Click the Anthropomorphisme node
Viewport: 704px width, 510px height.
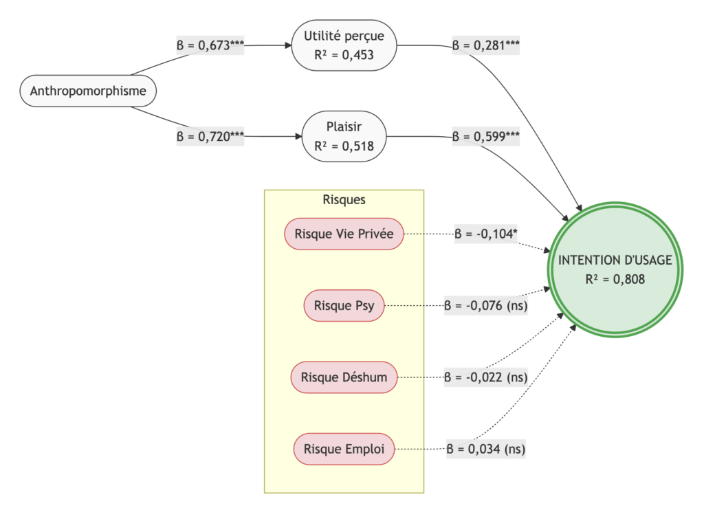88,91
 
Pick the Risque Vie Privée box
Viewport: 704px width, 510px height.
344,234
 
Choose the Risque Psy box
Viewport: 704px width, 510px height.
344,306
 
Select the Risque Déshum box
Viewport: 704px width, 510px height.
344,377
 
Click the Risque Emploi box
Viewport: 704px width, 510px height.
344,449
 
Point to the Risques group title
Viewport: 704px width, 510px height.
344,200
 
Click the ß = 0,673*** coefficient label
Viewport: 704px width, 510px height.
210,45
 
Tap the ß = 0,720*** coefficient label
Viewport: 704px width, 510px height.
210,137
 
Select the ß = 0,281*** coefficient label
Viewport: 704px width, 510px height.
485,45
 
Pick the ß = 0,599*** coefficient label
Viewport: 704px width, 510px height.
485,137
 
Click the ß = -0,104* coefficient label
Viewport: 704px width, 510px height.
485,234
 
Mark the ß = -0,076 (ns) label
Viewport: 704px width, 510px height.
485,306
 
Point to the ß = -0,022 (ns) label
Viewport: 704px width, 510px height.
485,377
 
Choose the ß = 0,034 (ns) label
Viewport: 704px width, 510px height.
487,449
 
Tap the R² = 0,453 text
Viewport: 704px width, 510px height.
344,54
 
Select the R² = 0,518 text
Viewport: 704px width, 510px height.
344,146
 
